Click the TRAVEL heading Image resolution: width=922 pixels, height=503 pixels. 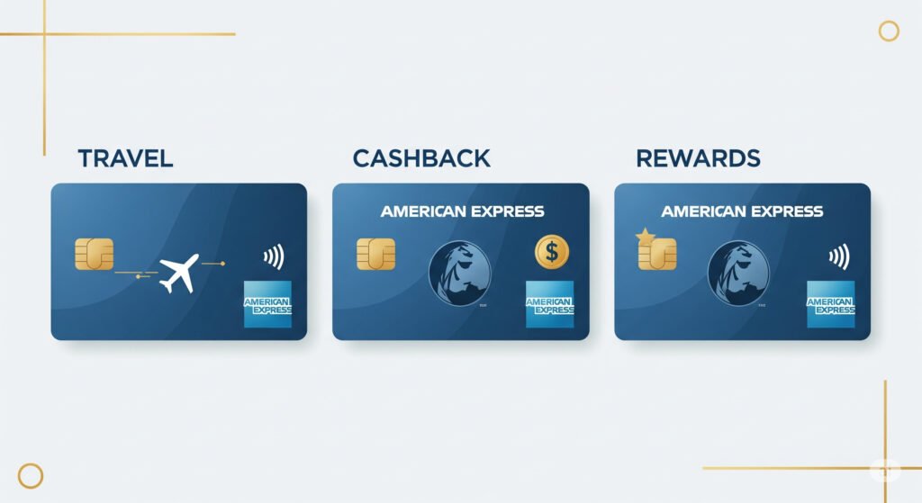click(x=125, y=159)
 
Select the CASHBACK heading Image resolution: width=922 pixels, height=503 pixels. click(x=421, y=159)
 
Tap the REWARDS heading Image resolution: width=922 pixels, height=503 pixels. click(x=698, y=159)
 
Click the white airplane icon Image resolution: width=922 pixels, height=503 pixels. click(x=178, y=273)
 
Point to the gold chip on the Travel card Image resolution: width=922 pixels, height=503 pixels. click(x=95, y=254)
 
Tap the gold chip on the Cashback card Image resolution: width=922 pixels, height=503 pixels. click(x=375, y=254)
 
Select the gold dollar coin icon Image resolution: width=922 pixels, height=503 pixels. click(x=551, y=252)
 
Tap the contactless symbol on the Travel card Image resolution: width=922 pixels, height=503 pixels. click(x=274, y=257)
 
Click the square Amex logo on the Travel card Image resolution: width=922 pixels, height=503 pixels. click(x=267, y=304)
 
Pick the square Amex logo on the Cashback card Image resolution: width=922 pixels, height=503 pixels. click(x=549, y=304)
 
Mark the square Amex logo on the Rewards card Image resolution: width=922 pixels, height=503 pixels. click(x=830, y=304)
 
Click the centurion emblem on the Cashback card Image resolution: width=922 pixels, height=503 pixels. click(x=459, y=273)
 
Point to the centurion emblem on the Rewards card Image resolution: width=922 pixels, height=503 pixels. click(x=738, y=273)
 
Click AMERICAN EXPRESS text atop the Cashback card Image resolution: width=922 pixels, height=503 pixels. click(x=462, y=212)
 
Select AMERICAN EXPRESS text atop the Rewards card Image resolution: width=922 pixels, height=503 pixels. click(x=742, y=212)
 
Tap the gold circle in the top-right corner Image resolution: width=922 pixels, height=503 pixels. click(x=889, y=31)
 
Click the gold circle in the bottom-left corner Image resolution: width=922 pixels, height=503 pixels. click(x=31, y=476)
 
